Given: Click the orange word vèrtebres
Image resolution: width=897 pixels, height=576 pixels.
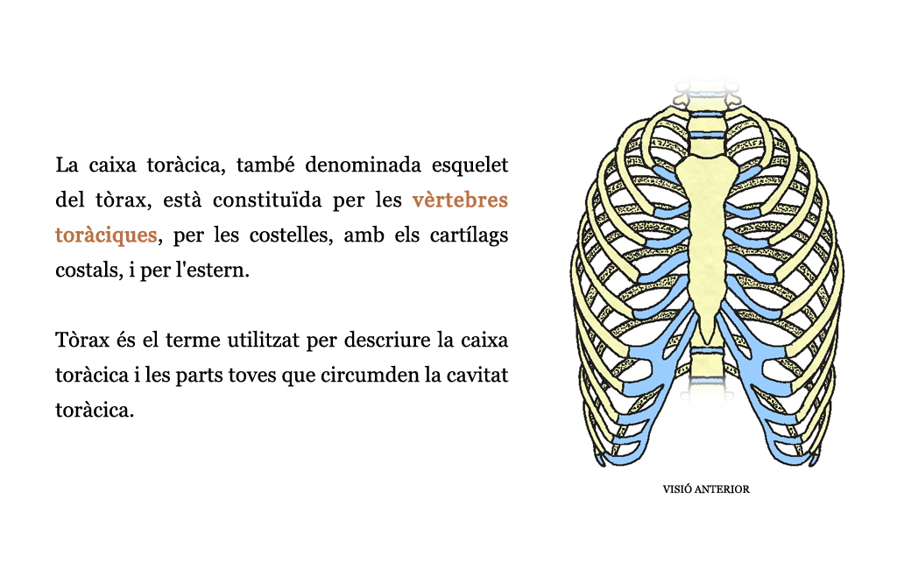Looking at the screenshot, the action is pos(460,200).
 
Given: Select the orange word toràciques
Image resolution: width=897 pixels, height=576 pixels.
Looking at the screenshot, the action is pos(106,235).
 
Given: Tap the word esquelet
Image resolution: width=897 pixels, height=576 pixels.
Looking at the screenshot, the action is pos(470,165).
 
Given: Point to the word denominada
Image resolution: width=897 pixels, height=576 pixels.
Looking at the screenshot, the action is pos(363,165).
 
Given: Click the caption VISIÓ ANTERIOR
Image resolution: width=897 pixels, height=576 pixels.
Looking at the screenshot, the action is pos(706,489).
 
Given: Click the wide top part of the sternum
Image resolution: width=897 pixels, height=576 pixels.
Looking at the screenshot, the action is pos(708,172).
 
